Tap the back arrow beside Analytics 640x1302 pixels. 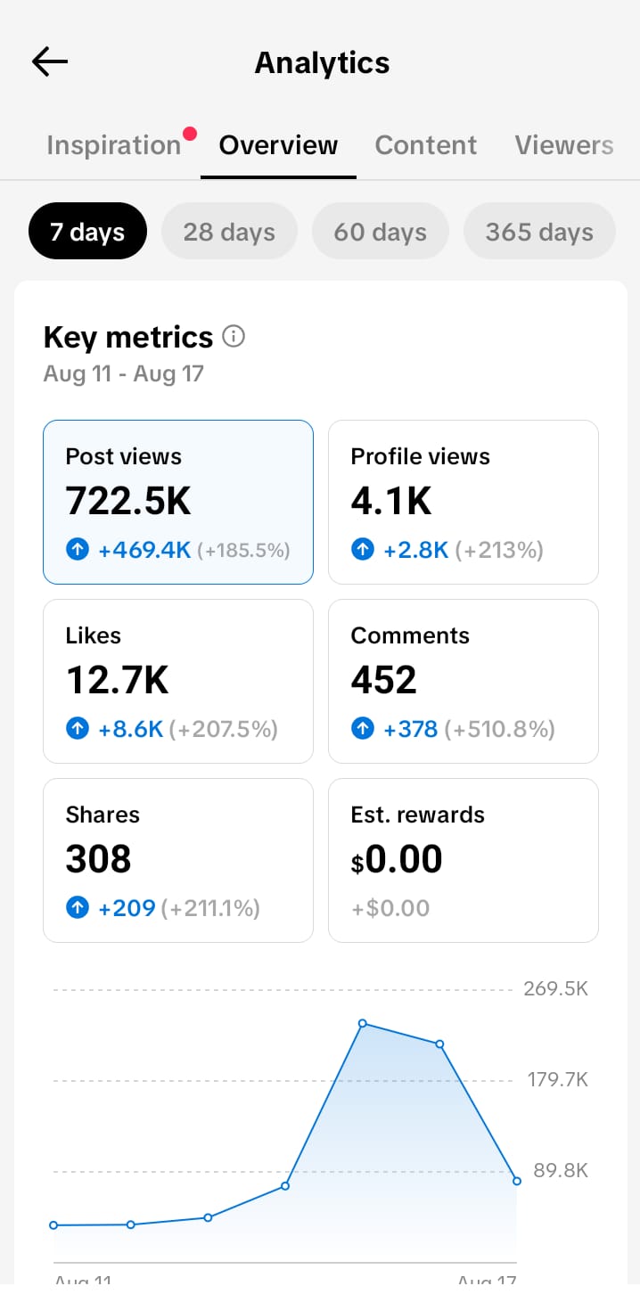(49, 61)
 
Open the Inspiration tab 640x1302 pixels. (114, 145)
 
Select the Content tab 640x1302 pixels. (425, 145)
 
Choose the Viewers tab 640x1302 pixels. (564, 145)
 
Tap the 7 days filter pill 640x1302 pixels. (87, 232)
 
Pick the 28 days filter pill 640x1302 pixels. (229, 232)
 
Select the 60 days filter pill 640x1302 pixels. (380, 232)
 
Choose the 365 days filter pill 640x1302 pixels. (539, 232)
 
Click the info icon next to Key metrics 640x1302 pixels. (234, 336)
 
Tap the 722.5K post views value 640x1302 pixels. (127, 501)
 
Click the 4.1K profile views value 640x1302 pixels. (391, 501)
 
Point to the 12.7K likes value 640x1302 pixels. (118, 679)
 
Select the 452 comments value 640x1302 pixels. (383, 679)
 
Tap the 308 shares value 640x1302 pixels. (98, 858)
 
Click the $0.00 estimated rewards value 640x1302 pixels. (397, 859)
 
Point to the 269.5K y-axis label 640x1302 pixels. (555, 988)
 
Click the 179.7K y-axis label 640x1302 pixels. (557, 1079)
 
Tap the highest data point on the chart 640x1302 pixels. (363, 1023)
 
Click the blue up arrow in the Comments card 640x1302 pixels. (363, 728)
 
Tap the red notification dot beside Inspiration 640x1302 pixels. (190, 134)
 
